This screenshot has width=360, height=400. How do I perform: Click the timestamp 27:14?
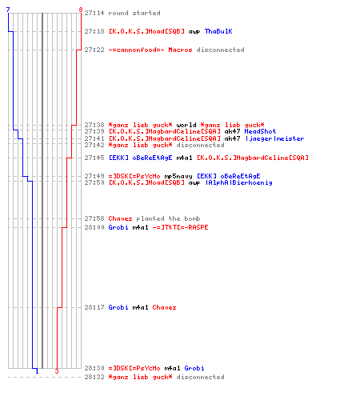click(x=94, y=13)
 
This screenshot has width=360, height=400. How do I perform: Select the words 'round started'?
click(x=134, y=13)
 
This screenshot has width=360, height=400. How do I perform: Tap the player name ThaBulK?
click(x=218, y=31)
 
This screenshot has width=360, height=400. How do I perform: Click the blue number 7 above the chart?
click(x=8, y=10)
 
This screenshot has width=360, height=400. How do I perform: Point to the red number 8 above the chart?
click(x=81, y=10)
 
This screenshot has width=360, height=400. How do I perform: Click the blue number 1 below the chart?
click(x=37, y=371)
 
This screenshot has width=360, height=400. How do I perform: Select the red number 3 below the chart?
click(x=57, y=371)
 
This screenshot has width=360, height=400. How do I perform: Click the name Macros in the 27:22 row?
click(x=180, y=50)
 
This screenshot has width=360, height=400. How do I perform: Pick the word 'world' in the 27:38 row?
click(x=186, y=125)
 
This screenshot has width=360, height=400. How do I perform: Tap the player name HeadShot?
click(x=260, y=131)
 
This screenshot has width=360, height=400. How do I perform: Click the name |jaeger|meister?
click(x=274, y=138)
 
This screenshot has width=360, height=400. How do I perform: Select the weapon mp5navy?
click(x=178, y=176)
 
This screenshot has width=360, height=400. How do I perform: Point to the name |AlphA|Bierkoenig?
click(x=239, y=182)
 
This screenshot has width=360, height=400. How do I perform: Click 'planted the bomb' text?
click(x=168, y=218)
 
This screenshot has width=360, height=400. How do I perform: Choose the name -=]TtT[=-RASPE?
click(x=180, y=227)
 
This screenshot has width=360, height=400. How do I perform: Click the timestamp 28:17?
click(x=94, y=307)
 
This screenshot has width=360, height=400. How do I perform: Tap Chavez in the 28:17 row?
click(x=164, y=307)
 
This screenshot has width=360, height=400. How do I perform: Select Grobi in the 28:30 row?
click(x=194, y=368)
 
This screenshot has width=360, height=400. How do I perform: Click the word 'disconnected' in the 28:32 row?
click(x=200, y=377)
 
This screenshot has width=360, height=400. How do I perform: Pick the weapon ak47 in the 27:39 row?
click(x=232, y=131)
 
